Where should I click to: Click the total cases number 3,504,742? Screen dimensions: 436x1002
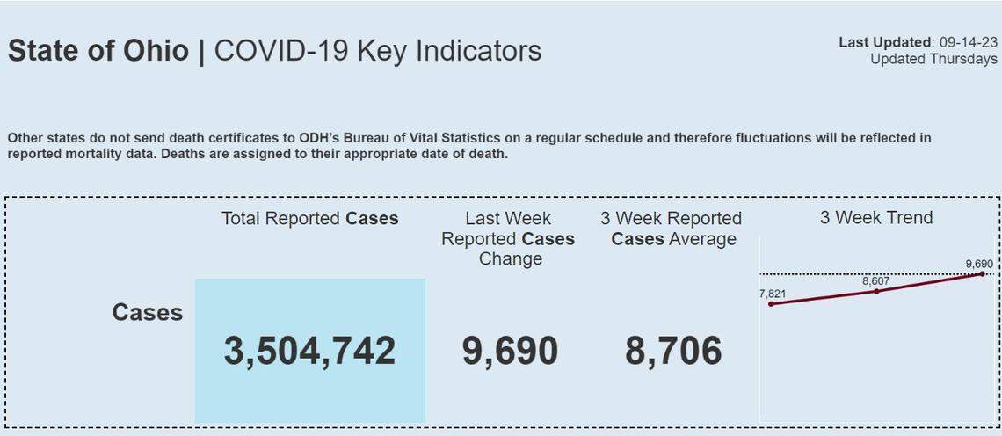(309, 351)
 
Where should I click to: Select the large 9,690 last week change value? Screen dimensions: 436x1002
(510, 351)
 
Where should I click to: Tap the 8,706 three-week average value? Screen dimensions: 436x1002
(673, 351)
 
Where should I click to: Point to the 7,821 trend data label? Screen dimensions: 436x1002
(772, 294)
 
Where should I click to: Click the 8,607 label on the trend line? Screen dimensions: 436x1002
(876, 281)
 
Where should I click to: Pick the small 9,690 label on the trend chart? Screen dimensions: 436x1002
(978, 264)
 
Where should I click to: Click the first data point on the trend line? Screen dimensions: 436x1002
(771, 304)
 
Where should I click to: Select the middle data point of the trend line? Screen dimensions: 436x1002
(876, 291)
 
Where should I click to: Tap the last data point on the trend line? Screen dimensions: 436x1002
(982, 274)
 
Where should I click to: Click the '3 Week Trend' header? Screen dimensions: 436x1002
(876, 218)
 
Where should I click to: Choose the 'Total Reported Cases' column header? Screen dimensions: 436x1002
(309, 219)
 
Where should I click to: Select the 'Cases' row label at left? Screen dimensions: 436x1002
(148, 312)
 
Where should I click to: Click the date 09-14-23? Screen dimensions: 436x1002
(968, 42)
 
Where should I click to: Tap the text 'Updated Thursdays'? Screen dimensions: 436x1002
(933, 59)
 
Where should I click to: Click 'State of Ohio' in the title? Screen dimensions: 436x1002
(98, 51)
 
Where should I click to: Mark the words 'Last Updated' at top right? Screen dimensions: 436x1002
(884, 42)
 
